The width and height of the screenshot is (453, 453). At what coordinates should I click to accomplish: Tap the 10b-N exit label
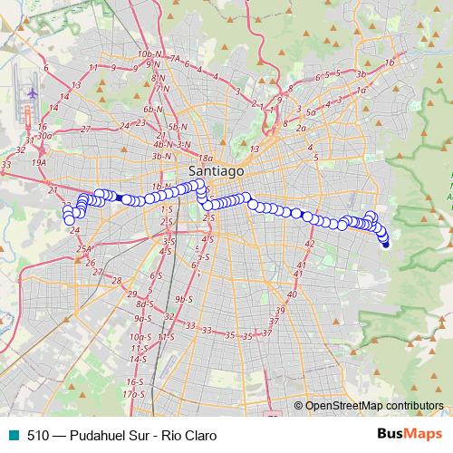click(148, 55)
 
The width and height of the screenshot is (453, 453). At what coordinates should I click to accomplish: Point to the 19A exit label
click(38, 163)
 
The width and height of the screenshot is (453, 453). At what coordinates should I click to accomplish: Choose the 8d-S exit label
click(145, 304)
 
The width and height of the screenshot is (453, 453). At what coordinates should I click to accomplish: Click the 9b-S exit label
click(185, 298)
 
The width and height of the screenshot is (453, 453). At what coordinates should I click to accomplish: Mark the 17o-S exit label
click(134, 395)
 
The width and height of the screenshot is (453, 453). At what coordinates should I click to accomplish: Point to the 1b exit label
click(390, 63)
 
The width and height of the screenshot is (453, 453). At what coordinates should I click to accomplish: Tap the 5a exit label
click(310, 112)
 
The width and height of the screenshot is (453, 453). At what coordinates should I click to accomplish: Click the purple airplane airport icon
click(33, 93)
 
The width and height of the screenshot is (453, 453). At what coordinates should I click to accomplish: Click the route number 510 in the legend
click(37, 435)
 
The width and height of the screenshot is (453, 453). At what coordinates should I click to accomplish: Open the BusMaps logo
click(410, 434)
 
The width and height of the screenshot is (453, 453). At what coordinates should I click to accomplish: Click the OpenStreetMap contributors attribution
click(374, 406)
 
